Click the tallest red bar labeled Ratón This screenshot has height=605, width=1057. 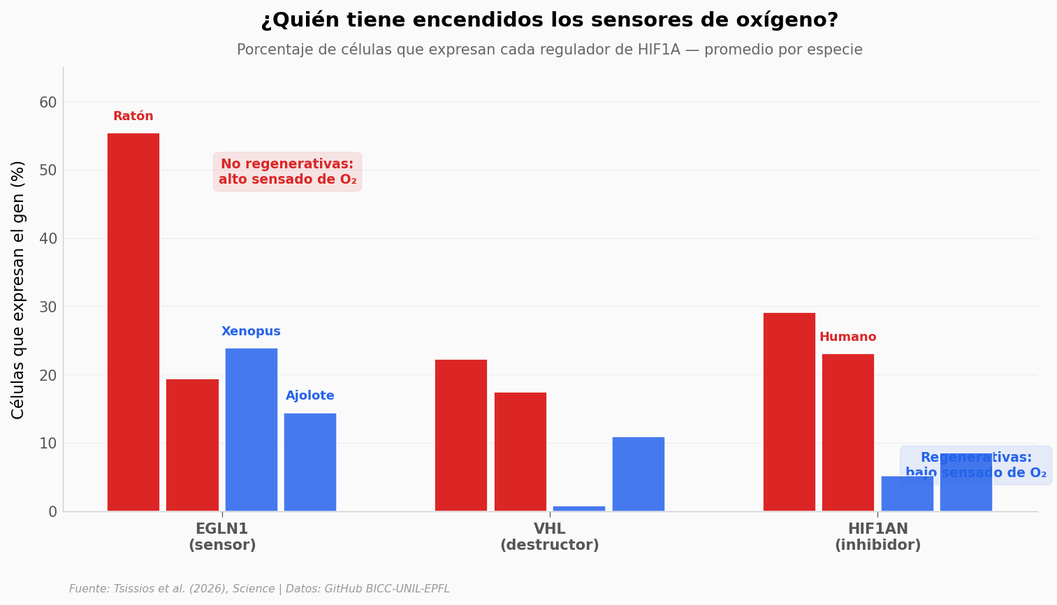pos(133,321)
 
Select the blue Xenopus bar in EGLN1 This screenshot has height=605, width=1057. pos(251,430)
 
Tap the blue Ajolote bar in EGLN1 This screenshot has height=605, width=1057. pos(309,462)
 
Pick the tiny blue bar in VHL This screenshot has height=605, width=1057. pos(578,509)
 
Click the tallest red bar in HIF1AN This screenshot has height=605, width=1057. pos(789,411)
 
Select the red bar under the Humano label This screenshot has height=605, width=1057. pos(847,432)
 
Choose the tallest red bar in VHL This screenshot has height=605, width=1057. pos(460,435)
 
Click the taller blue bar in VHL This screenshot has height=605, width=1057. pos(638,474)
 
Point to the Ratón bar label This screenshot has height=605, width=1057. pos(133,117)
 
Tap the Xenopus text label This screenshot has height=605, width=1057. pos(251,332)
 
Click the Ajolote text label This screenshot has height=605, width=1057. pos(309,396)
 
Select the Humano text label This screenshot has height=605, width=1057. pos(847,337)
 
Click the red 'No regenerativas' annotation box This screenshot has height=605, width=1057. pos(287,172)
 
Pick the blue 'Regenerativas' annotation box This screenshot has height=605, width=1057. pos(975,465)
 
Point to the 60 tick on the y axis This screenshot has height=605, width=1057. pos(48,103)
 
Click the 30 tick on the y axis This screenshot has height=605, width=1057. pos(48,307)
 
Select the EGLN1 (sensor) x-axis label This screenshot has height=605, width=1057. pos(222,537)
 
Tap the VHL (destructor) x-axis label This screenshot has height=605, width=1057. pos(549,537)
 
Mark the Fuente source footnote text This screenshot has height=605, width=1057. pos(259,589)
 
